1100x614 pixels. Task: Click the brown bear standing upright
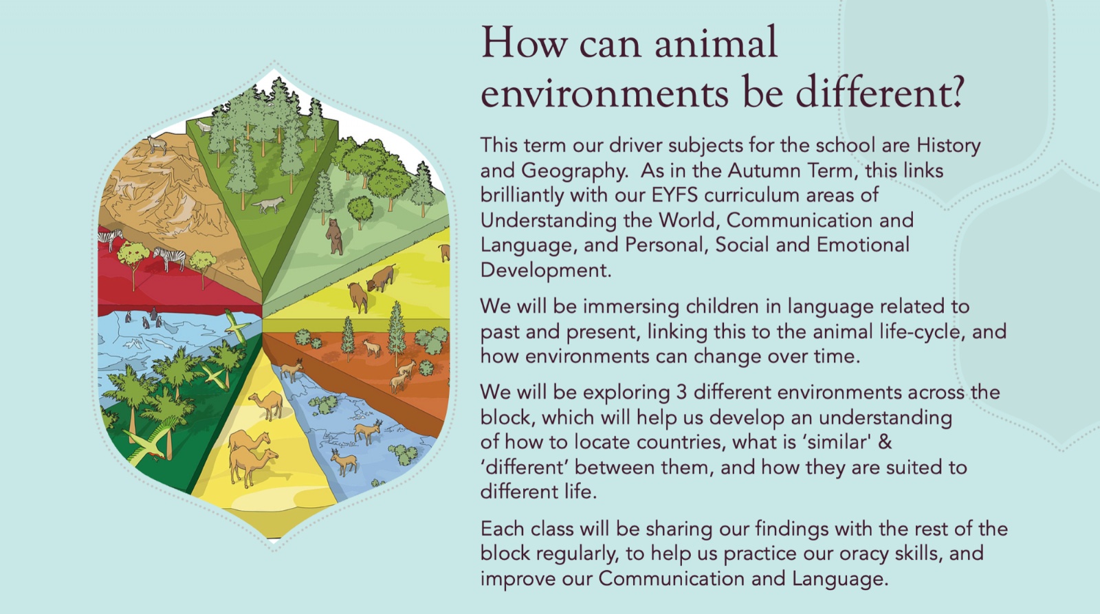pos(334,237)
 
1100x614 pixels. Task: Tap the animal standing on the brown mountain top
pos(157,145)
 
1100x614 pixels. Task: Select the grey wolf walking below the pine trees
pos(269,204)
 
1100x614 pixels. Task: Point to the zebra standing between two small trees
pos(169,259)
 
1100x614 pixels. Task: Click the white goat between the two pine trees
pos(372,348)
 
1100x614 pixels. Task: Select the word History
pos(949,145)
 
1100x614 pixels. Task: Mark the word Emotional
pos(863,245)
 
